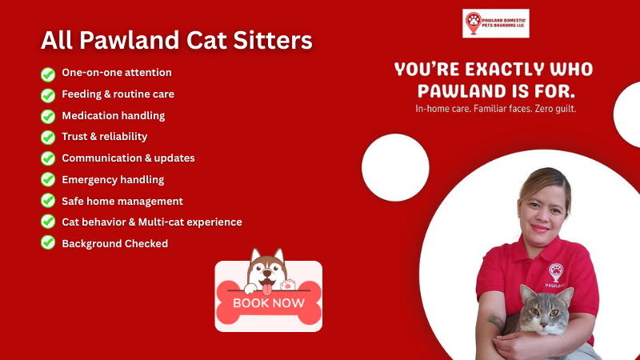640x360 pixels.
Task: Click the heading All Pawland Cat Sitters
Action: [176, 39]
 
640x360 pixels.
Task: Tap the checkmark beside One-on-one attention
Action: [48, 74]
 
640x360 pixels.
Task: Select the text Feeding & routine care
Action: [118, 94]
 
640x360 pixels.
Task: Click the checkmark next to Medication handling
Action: [48, 116]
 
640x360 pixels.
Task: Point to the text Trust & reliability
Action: [104, 137]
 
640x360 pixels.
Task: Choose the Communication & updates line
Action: [128, 158]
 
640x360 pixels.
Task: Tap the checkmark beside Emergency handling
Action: [48, 180]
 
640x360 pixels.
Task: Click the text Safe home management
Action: [122, 201]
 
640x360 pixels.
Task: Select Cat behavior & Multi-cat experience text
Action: [151, 222]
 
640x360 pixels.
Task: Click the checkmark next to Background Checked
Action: [48, 244]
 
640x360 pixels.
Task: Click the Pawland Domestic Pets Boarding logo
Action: [495, 24]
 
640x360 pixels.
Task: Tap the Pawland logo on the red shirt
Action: [555, 274]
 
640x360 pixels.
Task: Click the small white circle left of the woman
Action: [395, 167]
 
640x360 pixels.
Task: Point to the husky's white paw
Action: [287, 283]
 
